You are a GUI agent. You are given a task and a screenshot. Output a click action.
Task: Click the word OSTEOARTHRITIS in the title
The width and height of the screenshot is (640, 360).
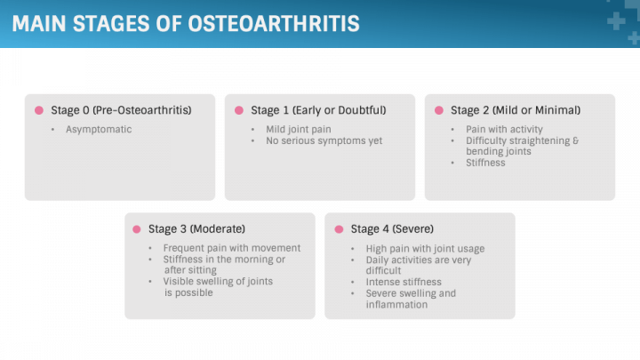pyautogui.click(x=274, y=23)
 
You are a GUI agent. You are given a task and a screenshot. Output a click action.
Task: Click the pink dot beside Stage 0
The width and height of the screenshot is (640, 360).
pyautogui.click(x=39, y=110)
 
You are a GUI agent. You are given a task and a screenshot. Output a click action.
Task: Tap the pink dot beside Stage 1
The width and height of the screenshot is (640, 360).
pyautogui.click(x=239, y=110)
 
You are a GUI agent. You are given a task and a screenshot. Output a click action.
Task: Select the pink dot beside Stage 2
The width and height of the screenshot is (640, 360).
pyautogui.click(x=439, y=110)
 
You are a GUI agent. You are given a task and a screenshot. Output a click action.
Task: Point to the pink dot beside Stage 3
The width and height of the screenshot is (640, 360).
pyautogui.click(x=137, y=229)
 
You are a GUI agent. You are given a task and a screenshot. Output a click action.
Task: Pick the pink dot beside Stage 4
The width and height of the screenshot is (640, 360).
pyautogui.click(x=339, y=229)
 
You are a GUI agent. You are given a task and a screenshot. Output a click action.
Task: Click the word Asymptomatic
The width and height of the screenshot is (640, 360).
pyautogui.click(x=99, y=130)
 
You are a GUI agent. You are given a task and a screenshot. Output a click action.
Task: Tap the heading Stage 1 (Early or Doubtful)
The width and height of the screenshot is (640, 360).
pyautogui.click(x=318, y=110)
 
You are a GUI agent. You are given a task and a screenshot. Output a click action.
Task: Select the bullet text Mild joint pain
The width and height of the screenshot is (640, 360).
pyautogui.click(x=299, y=130)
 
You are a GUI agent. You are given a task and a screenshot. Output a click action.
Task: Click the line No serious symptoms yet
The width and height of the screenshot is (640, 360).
pyautogui.click(x=324, y=140)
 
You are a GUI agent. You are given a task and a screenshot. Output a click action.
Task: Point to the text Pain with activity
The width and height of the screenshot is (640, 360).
pyautogui.click(x=504, y=130)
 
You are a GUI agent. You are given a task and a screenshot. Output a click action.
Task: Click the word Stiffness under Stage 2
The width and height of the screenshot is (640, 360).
pyautogui.click(x=485, y=163)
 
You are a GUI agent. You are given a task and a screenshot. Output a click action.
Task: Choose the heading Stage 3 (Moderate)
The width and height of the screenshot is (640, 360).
pyautogui.click(x=196, y=229)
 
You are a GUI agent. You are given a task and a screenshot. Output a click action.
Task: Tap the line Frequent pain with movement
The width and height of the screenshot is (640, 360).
pyautogui.click(x=231, y=248)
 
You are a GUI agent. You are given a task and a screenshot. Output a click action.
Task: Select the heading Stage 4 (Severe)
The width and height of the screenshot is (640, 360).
pyautogui.click(x=392, y=229)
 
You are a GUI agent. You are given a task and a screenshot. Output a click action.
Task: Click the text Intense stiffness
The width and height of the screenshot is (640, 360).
pyautogui.click(x=404, y=282)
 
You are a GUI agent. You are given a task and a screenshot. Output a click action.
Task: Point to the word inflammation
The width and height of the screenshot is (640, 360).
pyautogui.click(x=396, y=305)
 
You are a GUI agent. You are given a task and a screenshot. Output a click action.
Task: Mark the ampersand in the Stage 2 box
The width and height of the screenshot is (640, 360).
pyautogui.click(x=575, y=140)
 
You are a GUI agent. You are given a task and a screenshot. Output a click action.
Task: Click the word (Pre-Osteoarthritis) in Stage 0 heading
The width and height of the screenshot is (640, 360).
pyautogui.click(x=141, y=110)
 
